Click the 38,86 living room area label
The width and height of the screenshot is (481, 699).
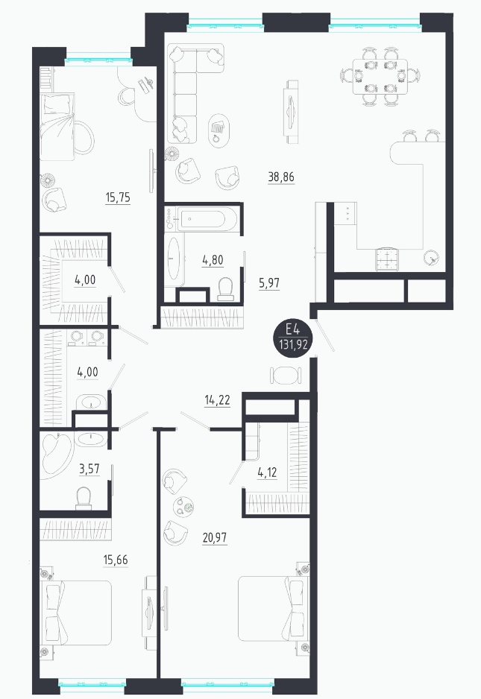tap(281, 177)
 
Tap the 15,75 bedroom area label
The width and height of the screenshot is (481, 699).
tap(119, 197)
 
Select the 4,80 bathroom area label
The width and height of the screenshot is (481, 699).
tap(213, 259)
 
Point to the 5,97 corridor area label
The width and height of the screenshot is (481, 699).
tap(269, 282)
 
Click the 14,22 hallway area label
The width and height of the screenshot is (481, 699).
tap(217, 400)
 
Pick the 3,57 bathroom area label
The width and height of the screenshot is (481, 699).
tap(89, 469)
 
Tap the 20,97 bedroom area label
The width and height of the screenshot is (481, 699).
tap(215, 537)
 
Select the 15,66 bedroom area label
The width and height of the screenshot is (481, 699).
tap(116, 560)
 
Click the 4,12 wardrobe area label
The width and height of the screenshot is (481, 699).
tap(267, 472)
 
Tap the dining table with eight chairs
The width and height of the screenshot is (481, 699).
tap(380, 77)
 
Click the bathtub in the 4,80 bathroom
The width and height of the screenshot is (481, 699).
tap(207, 218)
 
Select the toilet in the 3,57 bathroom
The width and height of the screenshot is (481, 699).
tap(84, 499)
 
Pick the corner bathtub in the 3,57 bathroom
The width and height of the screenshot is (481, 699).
tap(57, 454)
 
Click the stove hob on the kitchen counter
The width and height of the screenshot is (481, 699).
tap(387, 259)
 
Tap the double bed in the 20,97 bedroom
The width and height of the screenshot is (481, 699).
tap(273, 609)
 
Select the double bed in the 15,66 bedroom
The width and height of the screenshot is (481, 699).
tap(76, 613)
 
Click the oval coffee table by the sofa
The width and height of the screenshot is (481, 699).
tap(219, 130)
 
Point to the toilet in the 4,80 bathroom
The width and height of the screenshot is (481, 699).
tap(226, 288)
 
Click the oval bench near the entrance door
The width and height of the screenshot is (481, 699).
tap(286, 375)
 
